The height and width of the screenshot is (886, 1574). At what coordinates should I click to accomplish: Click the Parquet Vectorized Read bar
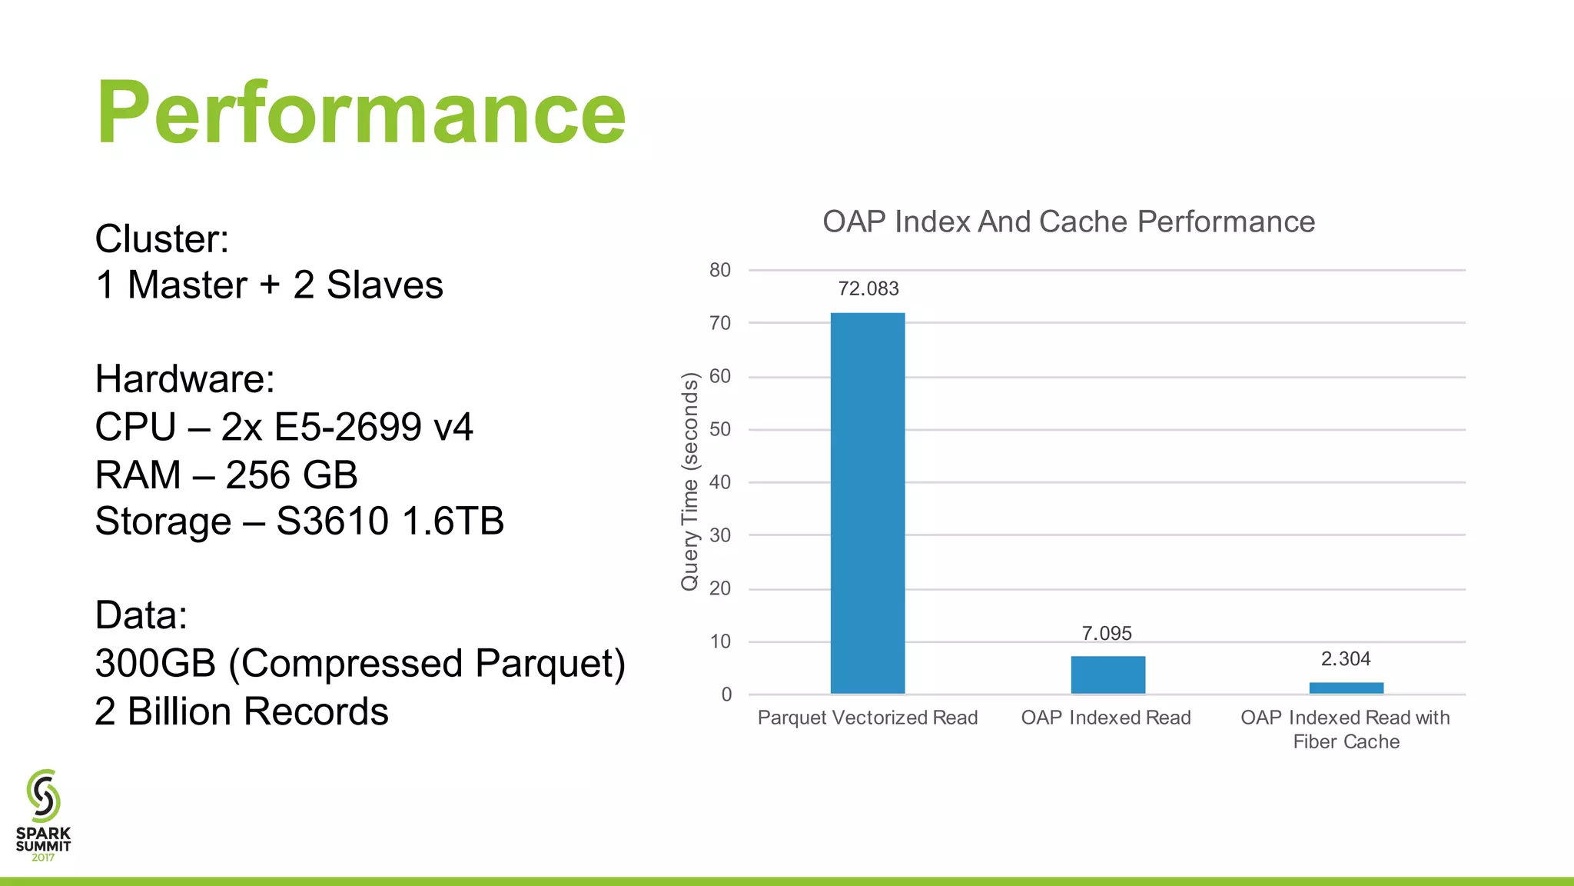(868, 503)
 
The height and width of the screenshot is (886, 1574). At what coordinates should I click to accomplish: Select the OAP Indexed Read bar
(1107, 674)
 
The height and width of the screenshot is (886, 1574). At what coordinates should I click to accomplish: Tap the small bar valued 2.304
(1346, 688)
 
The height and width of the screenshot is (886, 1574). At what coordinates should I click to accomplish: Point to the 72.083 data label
(868, 288)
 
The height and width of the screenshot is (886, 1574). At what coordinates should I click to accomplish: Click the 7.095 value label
(1107, 633)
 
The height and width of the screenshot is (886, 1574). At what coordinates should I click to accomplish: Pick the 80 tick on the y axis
(720, 270)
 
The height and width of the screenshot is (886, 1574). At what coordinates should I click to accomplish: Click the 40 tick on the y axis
(720, 482)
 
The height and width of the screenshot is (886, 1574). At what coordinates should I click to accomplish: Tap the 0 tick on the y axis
(726, 694)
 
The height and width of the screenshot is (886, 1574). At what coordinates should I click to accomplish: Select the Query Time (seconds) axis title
(690, 481)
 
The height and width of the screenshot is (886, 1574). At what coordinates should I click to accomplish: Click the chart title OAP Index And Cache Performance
(1068, 221)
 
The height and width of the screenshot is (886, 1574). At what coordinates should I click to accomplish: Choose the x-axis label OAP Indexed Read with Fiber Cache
(1345, 729)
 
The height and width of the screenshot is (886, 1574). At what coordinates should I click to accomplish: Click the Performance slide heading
(361, 112)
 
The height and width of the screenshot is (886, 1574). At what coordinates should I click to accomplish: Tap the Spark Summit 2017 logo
(43, 815)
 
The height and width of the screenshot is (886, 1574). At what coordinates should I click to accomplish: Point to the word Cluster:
(162, 238)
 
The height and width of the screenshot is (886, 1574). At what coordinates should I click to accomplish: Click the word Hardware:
(184, 378)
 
